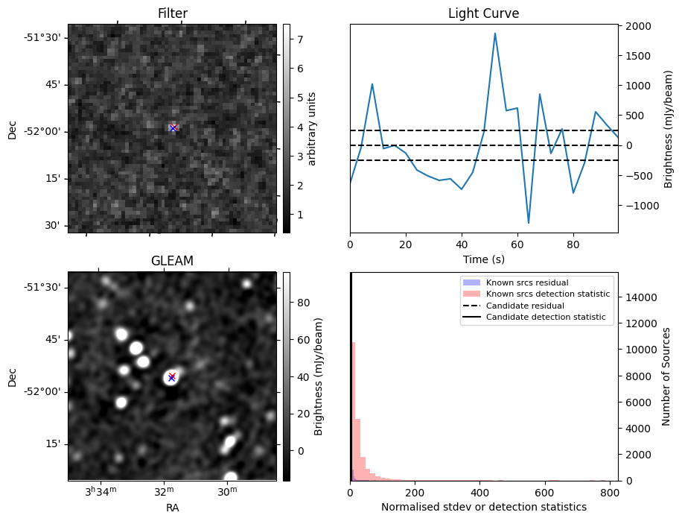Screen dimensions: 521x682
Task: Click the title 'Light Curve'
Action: [483, 13]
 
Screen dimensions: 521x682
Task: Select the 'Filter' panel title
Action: [172, 13]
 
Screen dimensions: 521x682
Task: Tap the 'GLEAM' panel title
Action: [172, 261]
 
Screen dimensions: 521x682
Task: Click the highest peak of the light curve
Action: [494, 34]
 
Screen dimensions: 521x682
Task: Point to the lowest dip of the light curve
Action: [529, 223]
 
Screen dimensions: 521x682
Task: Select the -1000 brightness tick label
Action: [639, 205]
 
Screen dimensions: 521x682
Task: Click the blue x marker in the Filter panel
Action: [173, 128]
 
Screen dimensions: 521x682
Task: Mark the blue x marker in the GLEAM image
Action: [171, 378]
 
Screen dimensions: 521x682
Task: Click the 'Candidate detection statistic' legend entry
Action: [545, 318]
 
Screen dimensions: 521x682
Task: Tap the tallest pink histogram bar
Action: [353, 410]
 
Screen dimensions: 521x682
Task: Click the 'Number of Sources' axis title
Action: [667, 376]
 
